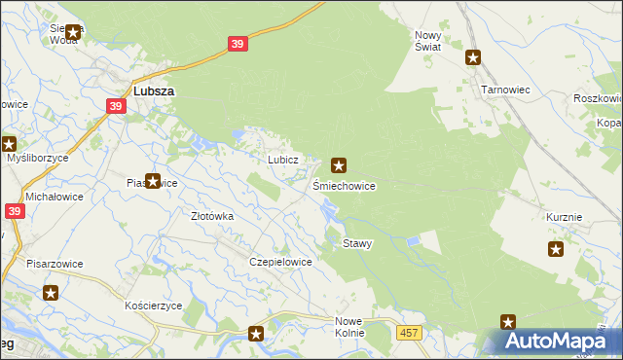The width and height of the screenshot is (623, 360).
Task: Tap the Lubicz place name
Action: coord(275,159)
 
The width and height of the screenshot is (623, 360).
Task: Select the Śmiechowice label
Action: coord(344,185)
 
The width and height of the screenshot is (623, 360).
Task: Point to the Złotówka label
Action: coord(212,216)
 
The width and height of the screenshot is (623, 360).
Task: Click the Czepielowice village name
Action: coord(280,262)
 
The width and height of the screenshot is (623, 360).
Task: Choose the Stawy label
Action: coord(357,243)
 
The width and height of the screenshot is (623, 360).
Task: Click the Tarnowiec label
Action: coord(505,89)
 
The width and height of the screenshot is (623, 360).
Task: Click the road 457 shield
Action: coord(410,333)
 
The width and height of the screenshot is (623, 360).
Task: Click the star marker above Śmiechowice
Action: coord(339,165)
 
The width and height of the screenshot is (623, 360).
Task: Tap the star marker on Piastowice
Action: coord(152,180)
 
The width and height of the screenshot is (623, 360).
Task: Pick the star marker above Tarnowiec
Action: coord(473,56)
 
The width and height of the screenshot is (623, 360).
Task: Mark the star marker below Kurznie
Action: coord(556,249)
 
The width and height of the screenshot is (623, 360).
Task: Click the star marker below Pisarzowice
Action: coord(51,292)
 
